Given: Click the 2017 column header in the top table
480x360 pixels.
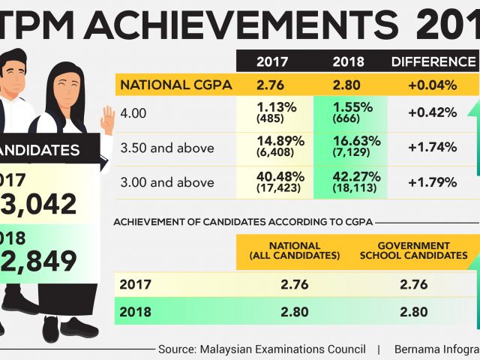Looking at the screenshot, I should click(x=273, y=61).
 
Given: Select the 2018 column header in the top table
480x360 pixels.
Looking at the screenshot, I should click(x=348, y=61).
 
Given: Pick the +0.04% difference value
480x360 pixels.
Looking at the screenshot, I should click(x=432, y=84).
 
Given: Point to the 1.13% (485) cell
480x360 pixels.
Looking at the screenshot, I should click(x=273, y=112).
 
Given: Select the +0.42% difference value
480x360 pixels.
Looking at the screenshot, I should click(x=432, y=112).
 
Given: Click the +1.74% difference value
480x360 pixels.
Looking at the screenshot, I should click(x=432, y=147).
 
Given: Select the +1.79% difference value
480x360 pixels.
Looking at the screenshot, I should click(x=432, y=181).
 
